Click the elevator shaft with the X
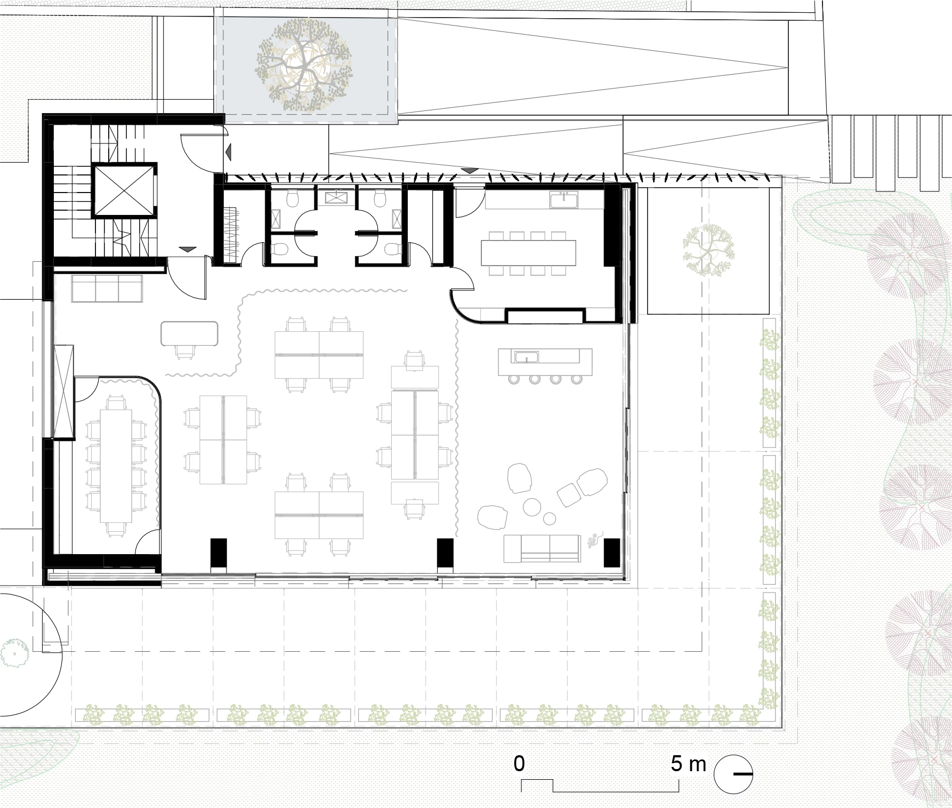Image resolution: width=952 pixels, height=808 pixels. tap(124, 190)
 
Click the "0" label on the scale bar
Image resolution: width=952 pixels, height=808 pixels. tap(519, 764)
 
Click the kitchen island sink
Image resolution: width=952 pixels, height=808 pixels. tap(526, 356)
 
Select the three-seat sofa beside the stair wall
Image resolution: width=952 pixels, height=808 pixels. tap(107, 289)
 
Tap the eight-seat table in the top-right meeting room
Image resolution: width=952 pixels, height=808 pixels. tap(529, 252)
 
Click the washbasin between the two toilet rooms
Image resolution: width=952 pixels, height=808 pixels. tap(335, 198)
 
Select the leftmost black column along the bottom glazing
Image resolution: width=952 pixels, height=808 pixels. tap(218, 553)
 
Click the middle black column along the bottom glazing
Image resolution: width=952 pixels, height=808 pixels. tap(445, 553)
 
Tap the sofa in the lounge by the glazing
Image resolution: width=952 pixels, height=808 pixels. tap(542, 549)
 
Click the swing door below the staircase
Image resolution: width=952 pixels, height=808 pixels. tap(187, 277)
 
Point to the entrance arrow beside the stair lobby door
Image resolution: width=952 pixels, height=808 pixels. tap(229, 153)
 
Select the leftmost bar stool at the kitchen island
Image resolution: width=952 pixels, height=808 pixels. tap(514, 379)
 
